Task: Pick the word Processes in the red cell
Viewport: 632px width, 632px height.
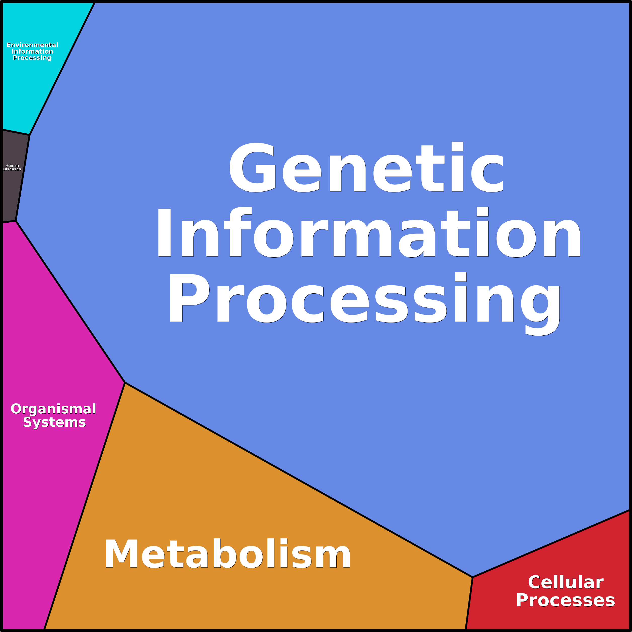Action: pos(566,601)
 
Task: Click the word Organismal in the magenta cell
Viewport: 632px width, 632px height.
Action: pos(53,409)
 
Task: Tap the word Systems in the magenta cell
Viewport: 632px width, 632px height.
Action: pos(54,422)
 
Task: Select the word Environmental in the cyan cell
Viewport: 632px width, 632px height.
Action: pos(32,45)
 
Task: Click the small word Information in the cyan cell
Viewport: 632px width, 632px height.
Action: pos(32,51)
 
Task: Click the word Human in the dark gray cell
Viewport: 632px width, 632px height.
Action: pos(12,166)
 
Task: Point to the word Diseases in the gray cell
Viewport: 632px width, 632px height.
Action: pos(12,169)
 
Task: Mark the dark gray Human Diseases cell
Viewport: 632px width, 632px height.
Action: pos(13,193)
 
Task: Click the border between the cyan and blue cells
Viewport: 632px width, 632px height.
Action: pos(62,69)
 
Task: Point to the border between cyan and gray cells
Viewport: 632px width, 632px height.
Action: pos(16,132)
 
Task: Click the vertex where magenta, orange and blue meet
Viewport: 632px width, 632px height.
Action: pos(125,383)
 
